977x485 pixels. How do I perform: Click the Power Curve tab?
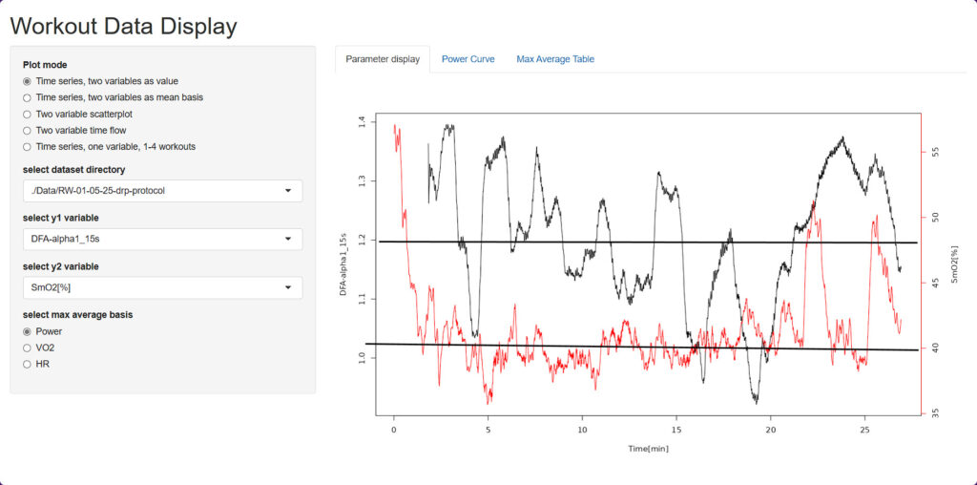click(468, 59)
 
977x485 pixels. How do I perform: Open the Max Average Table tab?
click(555, 59)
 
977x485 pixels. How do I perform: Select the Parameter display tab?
click(383, 59)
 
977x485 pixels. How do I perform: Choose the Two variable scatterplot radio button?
click(28, 114)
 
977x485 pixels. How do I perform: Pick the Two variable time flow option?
click(28, 130)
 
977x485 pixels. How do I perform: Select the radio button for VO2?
click(28, 348)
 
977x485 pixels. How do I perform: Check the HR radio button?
click(28, 364)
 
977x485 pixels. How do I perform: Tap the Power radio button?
click(28, 331)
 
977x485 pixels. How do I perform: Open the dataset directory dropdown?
click(162, 191)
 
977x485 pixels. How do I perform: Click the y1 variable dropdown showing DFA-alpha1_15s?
click(162, 239)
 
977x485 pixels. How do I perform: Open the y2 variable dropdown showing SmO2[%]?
click(162, 287)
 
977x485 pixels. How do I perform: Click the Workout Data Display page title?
click(123, 26)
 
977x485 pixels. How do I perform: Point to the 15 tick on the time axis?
click(676, 431)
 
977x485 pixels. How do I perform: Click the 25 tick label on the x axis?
click(864, 431)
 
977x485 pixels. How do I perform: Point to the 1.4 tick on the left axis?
click(361, 122)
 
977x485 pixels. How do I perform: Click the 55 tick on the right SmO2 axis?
click(935, 152)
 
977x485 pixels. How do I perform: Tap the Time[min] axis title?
click(648, 448)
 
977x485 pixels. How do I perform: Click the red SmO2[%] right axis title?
click(952, 264)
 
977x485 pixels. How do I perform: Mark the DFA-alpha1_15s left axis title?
click(343, 264)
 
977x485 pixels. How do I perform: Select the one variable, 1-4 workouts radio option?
click(28, 146)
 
